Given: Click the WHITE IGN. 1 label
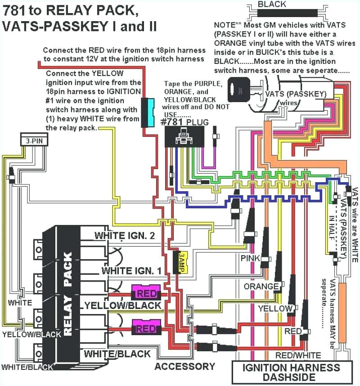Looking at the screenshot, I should tap(131, 270).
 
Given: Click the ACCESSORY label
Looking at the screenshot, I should tap(185, 366).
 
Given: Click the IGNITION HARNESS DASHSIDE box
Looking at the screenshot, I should tap(291, 372).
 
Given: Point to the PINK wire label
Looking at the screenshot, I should tap(250, 258).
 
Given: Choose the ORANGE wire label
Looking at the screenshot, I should tap(261, 287).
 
